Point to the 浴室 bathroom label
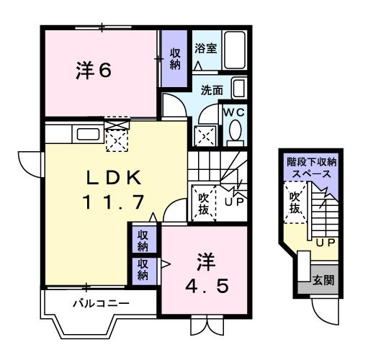tap(206, 49)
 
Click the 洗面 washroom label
tap(212, 91)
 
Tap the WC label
tap(233, 113)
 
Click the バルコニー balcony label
tap(101, 303)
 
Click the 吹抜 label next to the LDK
tap(203, 200)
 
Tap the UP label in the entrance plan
tap(326, 241)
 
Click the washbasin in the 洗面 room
tap(238, 89)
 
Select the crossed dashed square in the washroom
tap(205, 135)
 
